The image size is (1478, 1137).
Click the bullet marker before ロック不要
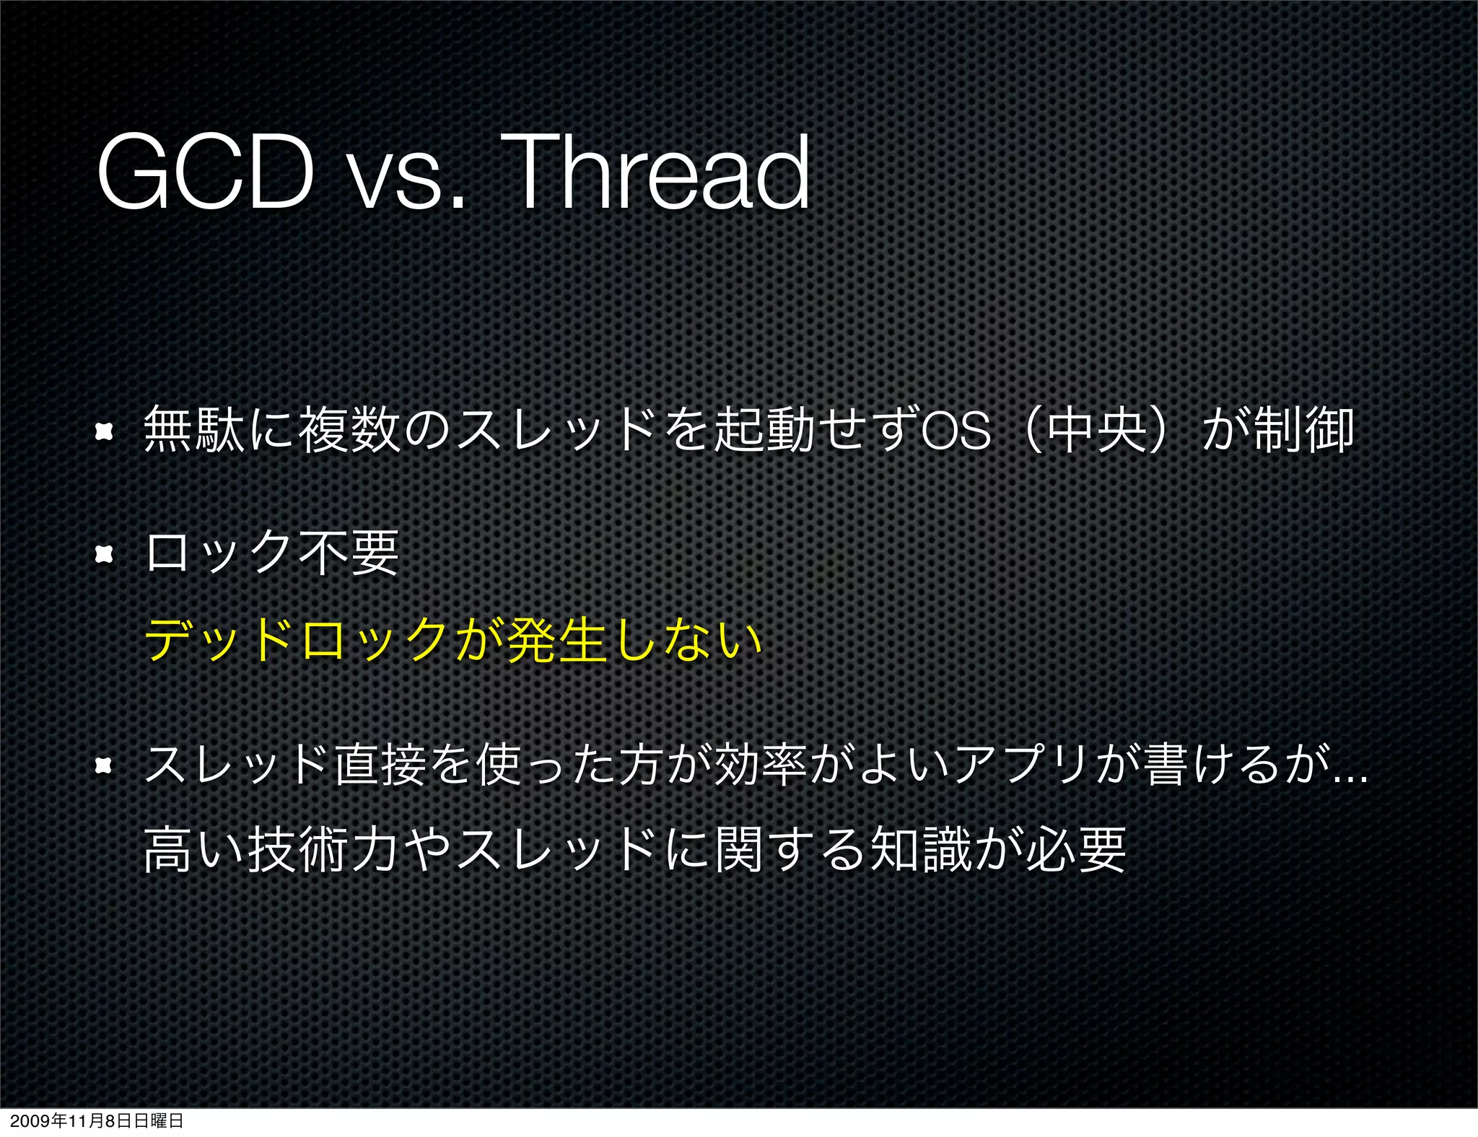tap(105, 554)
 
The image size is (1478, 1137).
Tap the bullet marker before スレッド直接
tap(105, 765)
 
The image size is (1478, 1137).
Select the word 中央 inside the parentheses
tap(1097, 431)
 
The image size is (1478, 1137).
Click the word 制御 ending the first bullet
tap(1304, 431)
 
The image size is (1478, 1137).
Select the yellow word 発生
tap(556, 640)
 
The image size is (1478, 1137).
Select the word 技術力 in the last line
tap(322, 851)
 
